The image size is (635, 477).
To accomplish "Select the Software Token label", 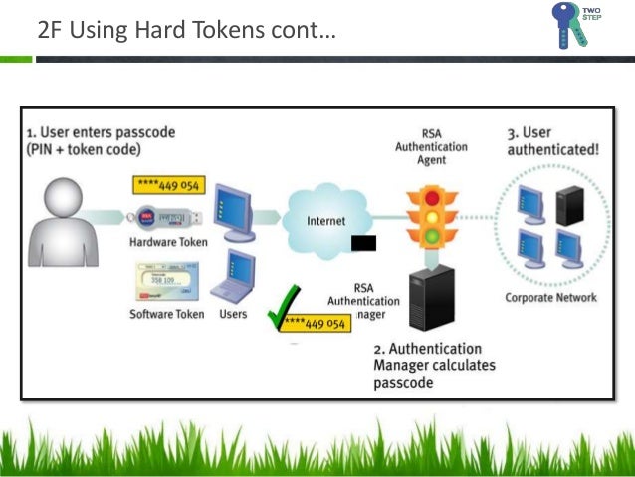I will coord(167,314).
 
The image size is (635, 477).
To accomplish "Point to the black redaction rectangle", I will coord(363,243).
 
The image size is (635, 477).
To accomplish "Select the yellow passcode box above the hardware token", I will coord(165,186).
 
